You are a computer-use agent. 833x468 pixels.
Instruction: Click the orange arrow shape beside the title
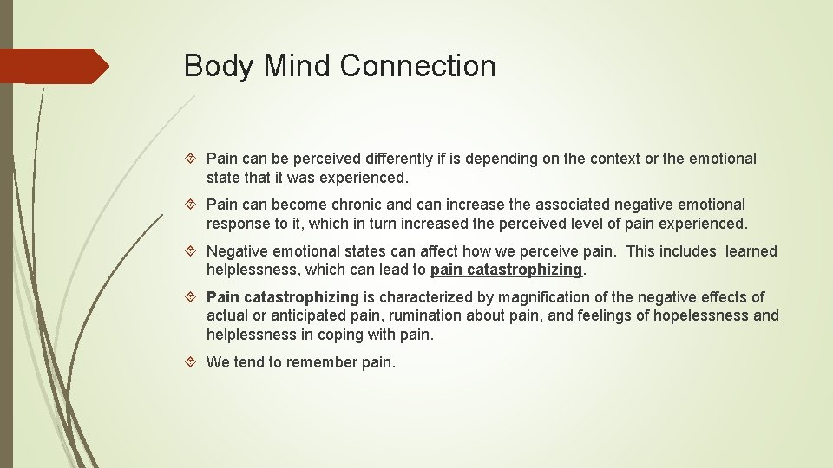pyautogui.click(x=54, y=66)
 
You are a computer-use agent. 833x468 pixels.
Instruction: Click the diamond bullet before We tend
pyautogui.click(x=193, y=362)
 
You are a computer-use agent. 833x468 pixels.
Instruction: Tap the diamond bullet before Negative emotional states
pyautogui.click(x=193, y=251)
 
